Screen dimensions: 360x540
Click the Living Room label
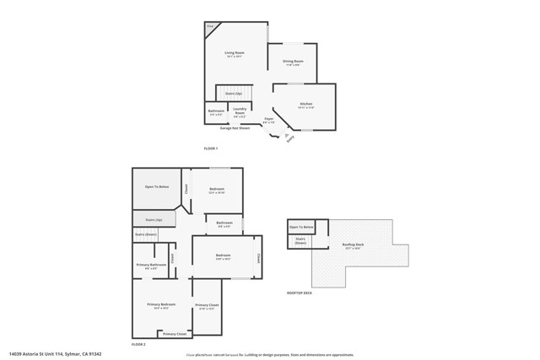point(234,55)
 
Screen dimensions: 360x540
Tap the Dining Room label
point(292,62)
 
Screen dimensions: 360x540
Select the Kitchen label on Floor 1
point(305,105)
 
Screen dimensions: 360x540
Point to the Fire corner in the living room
point(210,28)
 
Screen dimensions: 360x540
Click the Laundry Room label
point(240,111)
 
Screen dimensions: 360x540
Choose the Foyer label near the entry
point(268,121)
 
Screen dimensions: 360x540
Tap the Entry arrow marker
point(289,138)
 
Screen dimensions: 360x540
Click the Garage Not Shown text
point(235,128)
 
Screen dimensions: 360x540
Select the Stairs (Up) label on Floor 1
point(234,93)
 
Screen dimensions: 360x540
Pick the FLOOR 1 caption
point(211,148)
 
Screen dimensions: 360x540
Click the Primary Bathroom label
point(151,266)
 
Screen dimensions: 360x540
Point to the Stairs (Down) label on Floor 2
point(146,234)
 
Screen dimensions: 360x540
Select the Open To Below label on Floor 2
point(157,186)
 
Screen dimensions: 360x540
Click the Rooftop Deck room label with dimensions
point(353,246)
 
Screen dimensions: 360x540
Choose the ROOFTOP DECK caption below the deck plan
point(300,293)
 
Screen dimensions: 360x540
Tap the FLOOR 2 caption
point(138,345)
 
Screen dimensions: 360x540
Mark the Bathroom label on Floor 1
point(216,111)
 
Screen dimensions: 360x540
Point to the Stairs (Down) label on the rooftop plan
point(300,240)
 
